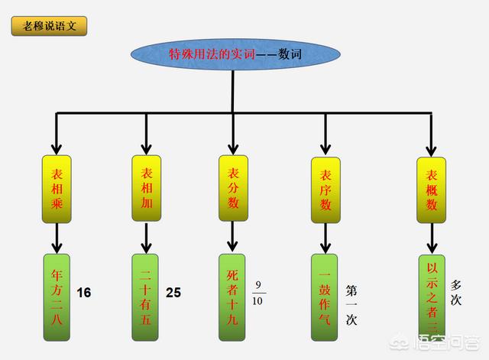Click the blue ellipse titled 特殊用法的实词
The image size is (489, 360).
coord(235,55)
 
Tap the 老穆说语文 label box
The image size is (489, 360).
coord(50,25)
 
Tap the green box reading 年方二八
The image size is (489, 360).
coord(57,297)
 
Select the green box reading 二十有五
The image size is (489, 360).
coord(147,297)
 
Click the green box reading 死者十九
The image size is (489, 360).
coord(232,297)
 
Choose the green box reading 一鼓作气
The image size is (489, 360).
coord(325,297)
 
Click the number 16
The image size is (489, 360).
coord(84,292)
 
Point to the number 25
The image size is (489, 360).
coord(173,292)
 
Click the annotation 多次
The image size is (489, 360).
coord(457,290)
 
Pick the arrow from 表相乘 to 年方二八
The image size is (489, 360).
coord(57,238)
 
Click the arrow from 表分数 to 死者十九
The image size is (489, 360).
coord(232,238)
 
